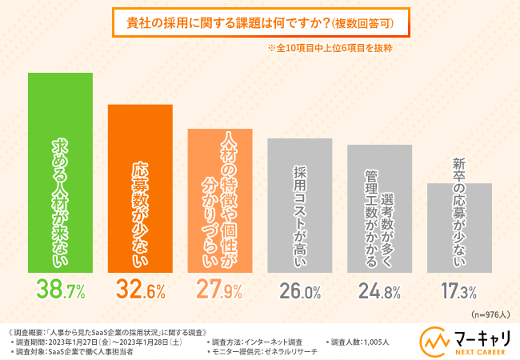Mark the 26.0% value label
[x=299, y=290]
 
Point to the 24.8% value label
[x=379, y=290]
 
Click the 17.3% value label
[x=459, y=290]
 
